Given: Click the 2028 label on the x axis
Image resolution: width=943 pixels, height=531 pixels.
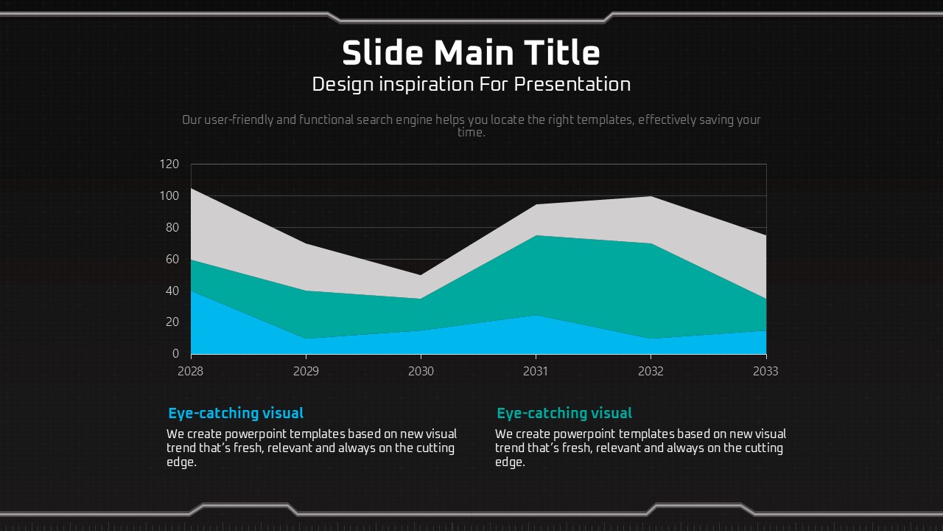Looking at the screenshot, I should tap(190, 371).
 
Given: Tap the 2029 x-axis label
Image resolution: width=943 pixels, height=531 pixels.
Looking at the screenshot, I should tap(306, 371).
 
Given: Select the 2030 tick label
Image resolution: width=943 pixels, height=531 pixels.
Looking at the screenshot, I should tap(421, 371).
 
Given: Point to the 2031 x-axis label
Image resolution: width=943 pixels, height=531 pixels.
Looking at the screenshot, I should tap(536, 371).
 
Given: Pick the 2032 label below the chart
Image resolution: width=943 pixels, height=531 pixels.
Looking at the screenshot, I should tap(651, 371).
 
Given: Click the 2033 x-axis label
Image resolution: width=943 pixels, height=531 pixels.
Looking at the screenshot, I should tap(765, 371).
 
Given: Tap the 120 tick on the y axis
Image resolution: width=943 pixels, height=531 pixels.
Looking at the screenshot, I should tap(169, 164).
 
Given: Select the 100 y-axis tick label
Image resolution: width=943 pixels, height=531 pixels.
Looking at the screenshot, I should tap(169, 196).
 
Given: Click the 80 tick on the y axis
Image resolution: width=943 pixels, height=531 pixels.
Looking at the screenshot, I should tap(172, 227).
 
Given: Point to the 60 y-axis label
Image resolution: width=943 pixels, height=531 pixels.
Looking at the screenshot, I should tap(172, 259).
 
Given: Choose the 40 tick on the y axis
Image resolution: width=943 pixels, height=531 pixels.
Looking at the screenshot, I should tap(172, 291).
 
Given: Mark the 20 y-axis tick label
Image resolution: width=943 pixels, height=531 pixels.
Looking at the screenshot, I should tap(172, 322).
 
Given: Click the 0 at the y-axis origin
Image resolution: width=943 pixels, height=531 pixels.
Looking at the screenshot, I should tap(175, 354).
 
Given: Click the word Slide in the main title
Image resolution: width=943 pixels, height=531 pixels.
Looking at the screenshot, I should tap(382, 53).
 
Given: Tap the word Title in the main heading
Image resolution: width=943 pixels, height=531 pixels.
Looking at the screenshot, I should tap(562, 53).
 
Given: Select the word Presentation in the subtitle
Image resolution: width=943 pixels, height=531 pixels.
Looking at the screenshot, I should tap(572, 84).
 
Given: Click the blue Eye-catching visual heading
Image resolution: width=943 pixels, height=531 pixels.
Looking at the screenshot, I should tap(236, 413).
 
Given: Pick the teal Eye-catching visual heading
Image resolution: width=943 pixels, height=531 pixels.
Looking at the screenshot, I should tap(564, 413).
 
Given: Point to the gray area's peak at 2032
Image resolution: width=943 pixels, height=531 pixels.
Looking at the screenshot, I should tap(651, 197).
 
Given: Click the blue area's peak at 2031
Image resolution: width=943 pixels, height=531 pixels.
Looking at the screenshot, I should tap(536, 316).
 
